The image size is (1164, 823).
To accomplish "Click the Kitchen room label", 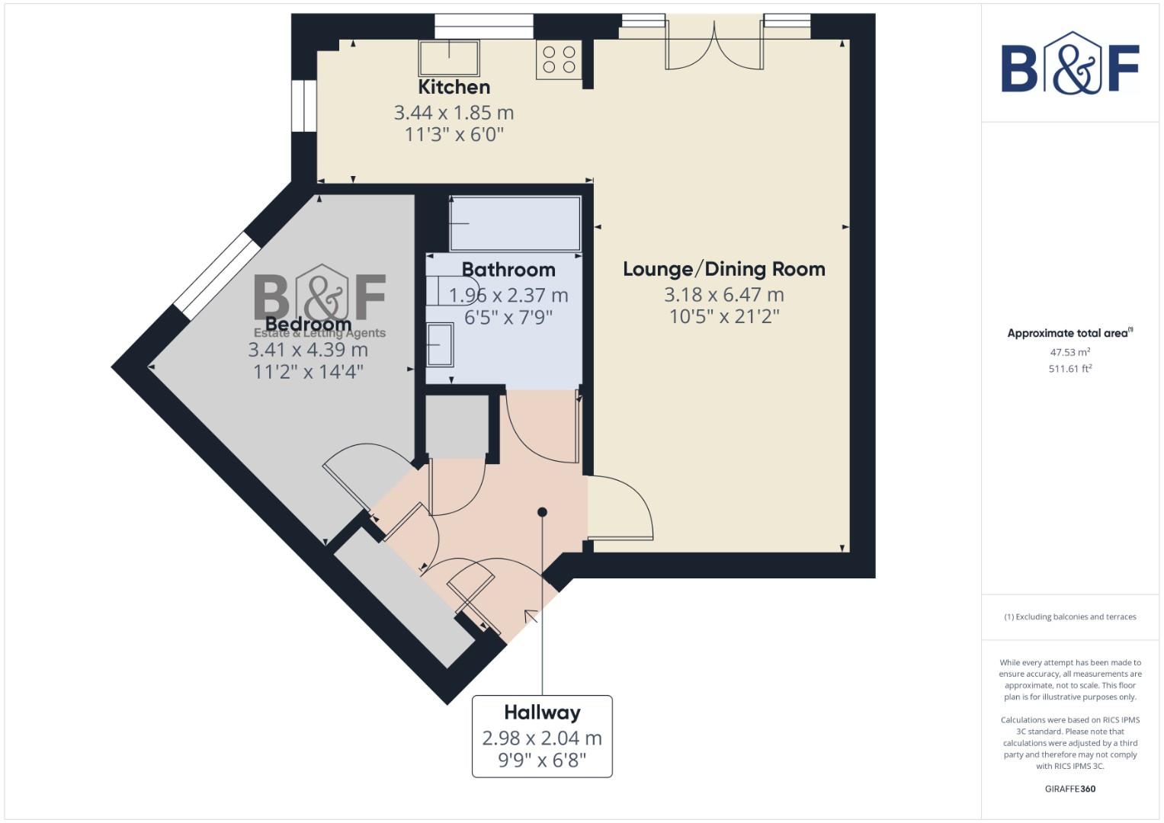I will pos(454,87).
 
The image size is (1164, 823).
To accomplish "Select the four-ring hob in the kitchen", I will pos(559,59).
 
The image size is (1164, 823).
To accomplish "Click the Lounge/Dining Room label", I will pos(723,269).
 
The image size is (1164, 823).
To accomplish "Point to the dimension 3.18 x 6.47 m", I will pos(723,294).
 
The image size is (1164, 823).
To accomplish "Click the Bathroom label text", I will pos(508,270).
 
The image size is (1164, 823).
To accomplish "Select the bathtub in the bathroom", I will pos(515,223).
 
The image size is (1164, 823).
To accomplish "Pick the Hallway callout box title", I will pos(542,713).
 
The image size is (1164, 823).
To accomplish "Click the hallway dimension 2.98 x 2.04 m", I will pos(542,738).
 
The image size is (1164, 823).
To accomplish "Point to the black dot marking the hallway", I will pos(542,512).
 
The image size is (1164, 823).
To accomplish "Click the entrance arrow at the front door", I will pos(531,615).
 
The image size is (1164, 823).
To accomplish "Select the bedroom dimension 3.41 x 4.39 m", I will pos(308,350).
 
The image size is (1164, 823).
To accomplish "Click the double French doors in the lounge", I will pos(714,47).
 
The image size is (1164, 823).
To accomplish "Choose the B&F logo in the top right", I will pos(1069,64).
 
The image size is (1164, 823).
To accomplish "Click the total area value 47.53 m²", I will pos(1069,352).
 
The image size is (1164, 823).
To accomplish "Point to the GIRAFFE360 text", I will pos(1069,789).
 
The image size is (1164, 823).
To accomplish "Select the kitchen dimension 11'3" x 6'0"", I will pos(454,135).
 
